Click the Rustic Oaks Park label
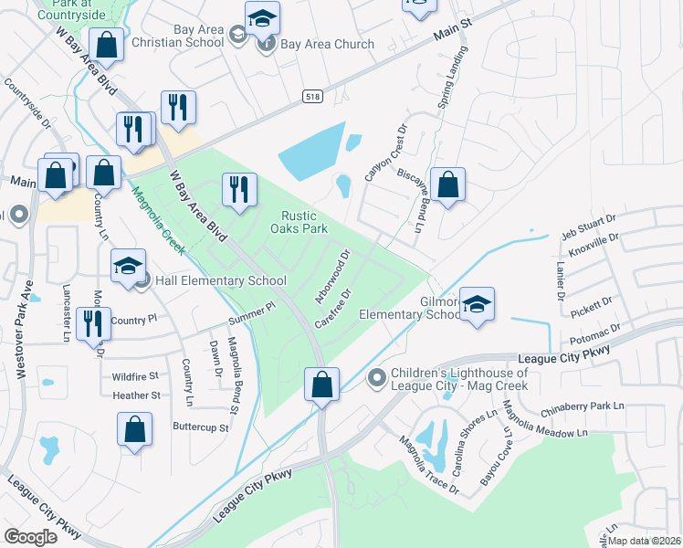click(x=298, y=222)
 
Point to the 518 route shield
click(x=311, y=94)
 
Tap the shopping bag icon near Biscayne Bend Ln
click(x=447, y=185)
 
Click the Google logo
click(x=31, y=536)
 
